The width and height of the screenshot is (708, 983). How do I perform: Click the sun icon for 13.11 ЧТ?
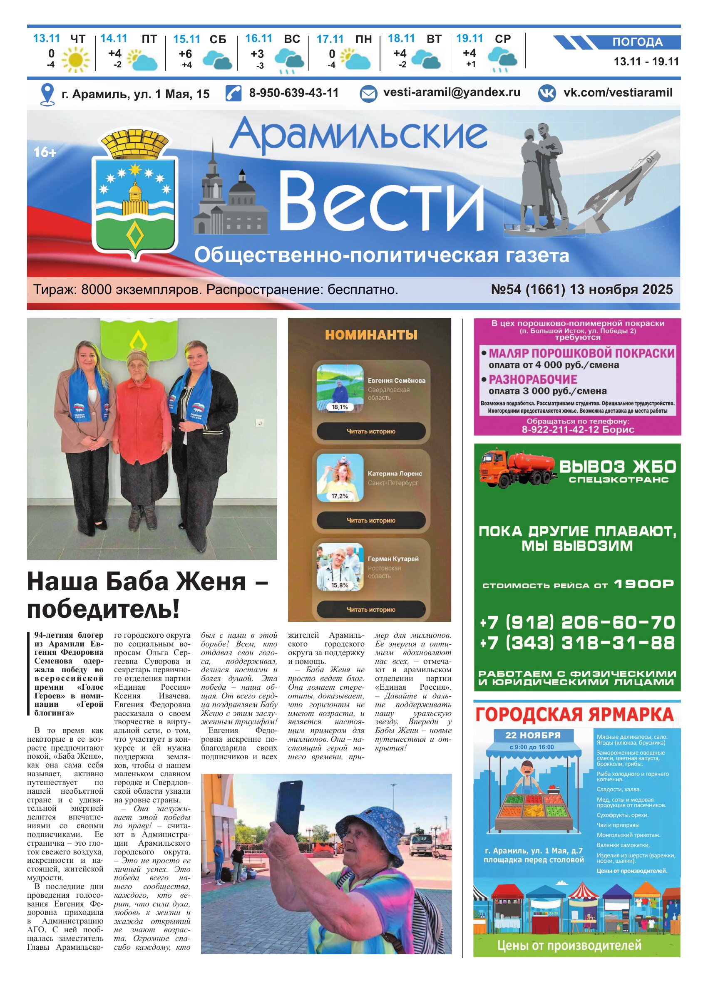pos(75,59)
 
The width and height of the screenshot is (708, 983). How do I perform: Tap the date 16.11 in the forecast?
pos(258,39)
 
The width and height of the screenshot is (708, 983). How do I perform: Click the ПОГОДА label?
pos(637,42)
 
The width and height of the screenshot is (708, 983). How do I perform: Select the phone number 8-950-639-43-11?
pos(293,93)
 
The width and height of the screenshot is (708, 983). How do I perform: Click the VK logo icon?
pos(547,93)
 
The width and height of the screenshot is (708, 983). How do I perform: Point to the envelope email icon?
pos(368,94)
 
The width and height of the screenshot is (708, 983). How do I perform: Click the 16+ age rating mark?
pos(45,152)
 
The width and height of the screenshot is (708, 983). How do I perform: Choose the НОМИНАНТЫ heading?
pos(371,335)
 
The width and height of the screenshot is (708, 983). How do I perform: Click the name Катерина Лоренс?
pos(395,474)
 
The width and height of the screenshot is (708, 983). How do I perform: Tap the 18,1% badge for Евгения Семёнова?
pos(340,407)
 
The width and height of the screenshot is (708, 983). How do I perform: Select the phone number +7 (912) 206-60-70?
pos(577,622)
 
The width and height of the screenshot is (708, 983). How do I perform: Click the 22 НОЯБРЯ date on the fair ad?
pos(533,735)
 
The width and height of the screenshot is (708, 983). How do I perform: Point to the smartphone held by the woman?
pos(289,807)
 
